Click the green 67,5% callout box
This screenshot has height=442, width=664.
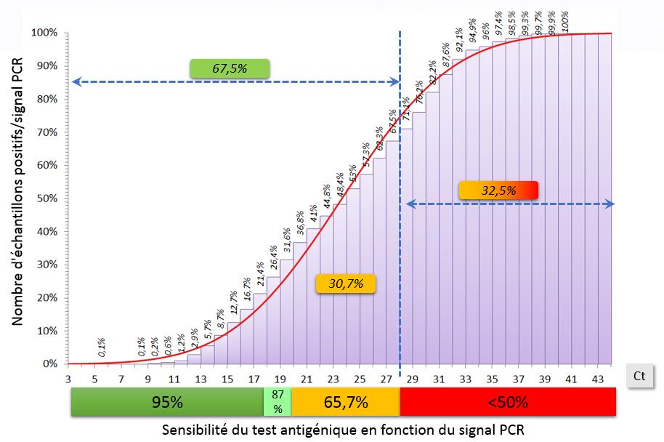pyautogui.click(x=229, y=68)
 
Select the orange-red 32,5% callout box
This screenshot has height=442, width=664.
pyautogui.click(x=498, y=190)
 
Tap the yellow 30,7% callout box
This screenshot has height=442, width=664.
pyautogui.click(x=345, y=283)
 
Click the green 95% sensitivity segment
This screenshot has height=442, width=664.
pyautogui.click(x=166, y=401)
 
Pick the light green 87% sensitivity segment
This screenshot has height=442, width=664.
pyautogui.click(x=278, y=401)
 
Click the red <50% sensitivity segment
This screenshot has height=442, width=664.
pyautogui.click(x=507, y=401)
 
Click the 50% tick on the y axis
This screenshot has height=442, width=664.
pyautogui.click(x=48, y=198)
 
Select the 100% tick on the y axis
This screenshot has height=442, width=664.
pyautogui.click(x=45, y=33)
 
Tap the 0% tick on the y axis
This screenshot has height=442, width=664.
pyautogui.click(x=50, y=363)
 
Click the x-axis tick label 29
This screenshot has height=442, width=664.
pyautogui.click(x=413, y=378)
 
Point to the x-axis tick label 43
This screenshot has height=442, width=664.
pyautogui.click(x=599, y=378)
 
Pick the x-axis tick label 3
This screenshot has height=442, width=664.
pyautogui.click(x=68, y=378)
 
